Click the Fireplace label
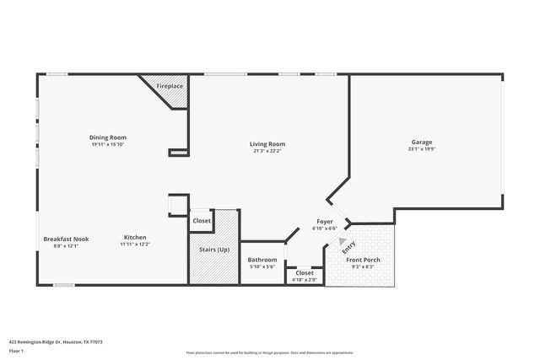[170, 86]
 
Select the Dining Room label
[108, 137]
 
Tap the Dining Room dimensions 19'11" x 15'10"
[108, 144]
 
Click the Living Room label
[267, 143]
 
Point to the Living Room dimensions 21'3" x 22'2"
[267, 151]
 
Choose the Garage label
[422, 142]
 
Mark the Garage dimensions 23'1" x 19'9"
[422, 149]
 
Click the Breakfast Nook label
[66, 239]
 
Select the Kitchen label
[136, 238]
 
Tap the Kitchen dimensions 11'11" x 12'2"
[136, 245]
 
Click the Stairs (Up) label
[213, 250]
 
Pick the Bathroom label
[262, 260]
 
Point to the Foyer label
[325, 222]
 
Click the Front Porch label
[364, 260]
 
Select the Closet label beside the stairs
[202, 221]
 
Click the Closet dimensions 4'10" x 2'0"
[305, 280]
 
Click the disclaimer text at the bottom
[270, 353]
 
